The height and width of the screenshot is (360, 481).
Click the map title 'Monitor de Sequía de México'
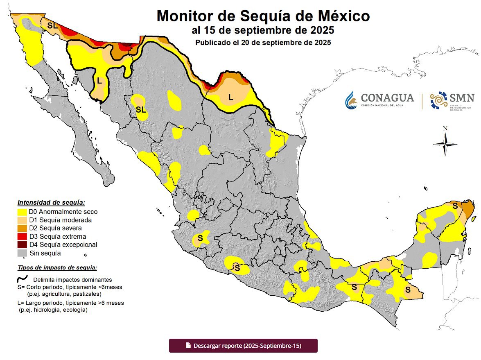point(263,16)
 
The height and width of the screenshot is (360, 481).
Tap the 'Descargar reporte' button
point(243,345)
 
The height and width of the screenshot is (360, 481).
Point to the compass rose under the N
point(445,144)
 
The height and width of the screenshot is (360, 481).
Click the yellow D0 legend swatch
point(22,212)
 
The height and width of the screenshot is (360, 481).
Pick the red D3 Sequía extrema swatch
point(22,236)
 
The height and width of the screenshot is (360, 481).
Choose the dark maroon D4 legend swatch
point(22,245)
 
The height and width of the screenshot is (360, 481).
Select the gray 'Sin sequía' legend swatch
point(22,253)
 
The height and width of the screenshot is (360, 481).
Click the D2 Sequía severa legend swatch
point(22,228)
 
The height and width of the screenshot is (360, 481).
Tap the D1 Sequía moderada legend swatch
point(22,220)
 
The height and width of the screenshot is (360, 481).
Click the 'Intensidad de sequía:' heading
point(51,202)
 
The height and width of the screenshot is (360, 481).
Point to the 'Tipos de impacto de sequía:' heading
point(57,268)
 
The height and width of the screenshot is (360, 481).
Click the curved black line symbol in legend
point(22,279)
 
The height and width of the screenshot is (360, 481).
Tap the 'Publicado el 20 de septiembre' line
point(263,42)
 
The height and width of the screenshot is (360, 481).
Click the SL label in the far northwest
point(52,25)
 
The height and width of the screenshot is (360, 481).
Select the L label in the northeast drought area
point(230,97)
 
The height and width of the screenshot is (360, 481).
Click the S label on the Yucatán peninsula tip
point(454,206)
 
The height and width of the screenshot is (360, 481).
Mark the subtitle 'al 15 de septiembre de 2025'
point(263,31)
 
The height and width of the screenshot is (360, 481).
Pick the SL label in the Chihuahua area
point(140,109)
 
